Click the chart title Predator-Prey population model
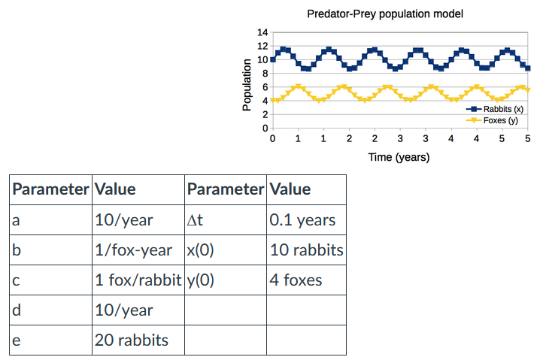pyautogui.click(x=385, y=14)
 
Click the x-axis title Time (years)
pyautogui.click(x=399, y=157)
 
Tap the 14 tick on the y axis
pyautogui.click(x=262, y=32)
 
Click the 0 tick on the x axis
pyautogui.click(x=272, y=139)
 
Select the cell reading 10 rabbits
pyautogui.click(x=306, y=250)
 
